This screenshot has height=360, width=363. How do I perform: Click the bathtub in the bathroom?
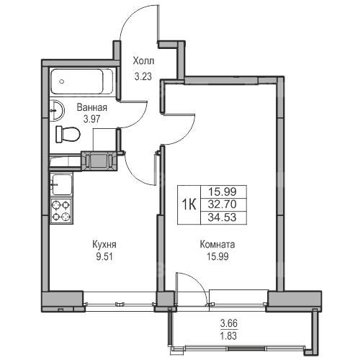[x=81, y=81]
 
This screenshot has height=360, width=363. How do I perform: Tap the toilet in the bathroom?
[x=68, y=134]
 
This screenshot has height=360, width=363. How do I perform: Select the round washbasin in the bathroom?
[x=57, y=110]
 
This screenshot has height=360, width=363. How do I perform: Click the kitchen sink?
[x=62, y=184]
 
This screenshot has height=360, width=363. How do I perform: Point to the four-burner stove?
[x=61, y=211]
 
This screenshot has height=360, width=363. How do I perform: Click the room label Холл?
[x=143, y=61]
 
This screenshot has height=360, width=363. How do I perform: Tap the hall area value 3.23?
[x=143, y=76]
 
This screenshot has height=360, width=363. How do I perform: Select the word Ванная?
[x=91, y=108]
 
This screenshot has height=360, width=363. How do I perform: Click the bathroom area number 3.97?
[x=91, y=119]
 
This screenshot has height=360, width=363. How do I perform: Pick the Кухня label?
[x=104, y=245]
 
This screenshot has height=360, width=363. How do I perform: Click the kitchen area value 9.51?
[x=104, y=257]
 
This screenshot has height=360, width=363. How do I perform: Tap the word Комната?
[x=218, y=245]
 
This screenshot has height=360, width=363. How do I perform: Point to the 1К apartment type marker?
[x=189, y=205]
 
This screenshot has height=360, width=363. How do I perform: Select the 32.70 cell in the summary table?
[x=223, y=204]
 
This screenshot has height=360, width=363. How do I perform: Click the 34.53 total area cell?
[x=223, y=217]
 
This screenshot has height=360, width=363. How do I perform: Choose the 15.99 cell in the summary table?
[x=223, y=192]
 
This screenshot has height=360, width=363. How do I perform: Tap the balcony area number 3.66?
[x=229, y=323]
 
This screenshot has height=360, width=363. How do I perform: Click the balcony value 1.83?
[x=229, y=336]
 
